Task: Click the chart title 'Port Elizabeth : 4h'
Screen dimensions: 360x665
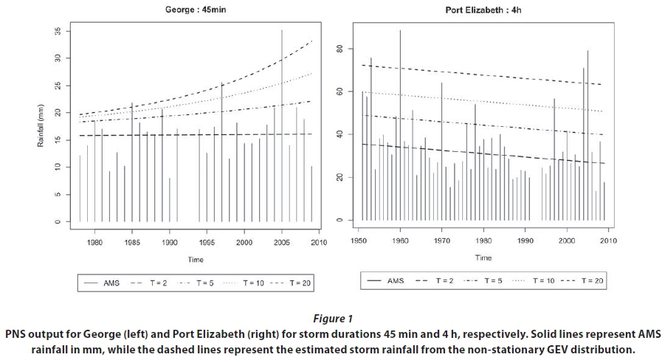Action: pyautogui.click(x=483, y=10)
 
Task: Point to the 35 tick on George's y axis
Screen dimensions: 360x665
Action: pyautogui.click(x=56, y=32)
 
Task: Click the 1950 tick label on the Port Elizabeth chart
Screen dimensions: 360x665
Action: pyautogui.click(x=359, y=240)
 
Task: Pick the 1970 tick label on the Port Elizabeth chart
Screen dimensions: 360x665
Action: pyautogui.click(x=442, y=240)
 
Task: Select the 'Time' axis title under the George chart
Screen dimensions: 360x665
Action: pyautogui.click(x=195, y=260)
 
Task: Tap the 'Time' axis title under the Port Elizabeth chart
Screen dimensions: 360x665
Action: pyautogui.click(x=483, y=257)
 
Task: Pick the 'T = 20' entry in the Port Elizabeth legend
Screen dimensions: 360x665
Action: pyautogui.click(x=593, y=280)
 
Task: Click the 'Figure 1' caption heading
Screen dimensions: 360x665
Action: pyautogui.click(x=333, y=318)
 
